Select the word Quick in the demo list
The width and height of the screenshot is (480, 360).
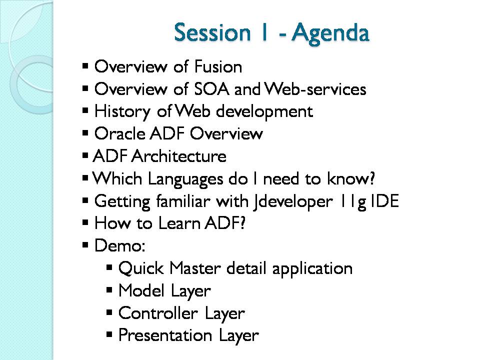[141, 268]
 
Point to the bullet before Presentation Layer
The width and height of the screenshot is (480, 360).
[109, 334]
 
